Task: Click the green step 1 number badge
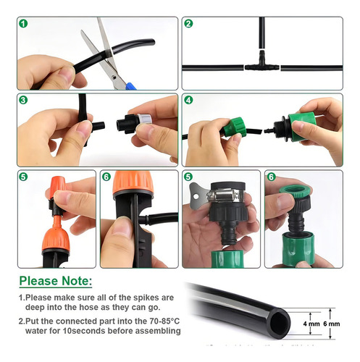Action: coord(23,24)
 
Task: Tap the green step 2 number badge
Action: coord(188,24)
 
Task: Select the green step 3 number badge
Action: coord(23,100)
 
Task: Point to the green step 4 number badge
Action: coord(188,100)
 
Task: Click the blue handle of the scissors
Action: coord(131,86)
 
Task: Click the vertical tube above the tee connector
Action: coord(262,33)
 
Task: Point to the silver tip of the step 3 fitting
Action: coord(145,119)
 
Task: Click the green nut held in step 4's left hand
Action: coord(235,127)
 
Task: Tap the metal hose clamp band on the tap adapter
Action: coord(225,195)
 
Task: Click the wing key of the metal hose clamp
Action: coord(197,195)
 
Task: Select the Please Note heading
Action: coord(56,281)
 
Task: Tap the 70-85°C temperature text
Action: coord(164,321)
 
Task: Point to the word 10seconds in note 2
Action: coord(82,331)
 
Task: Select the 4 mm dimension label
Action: coord(311,324)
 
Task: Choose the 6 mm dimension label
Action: coord(332,324)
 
